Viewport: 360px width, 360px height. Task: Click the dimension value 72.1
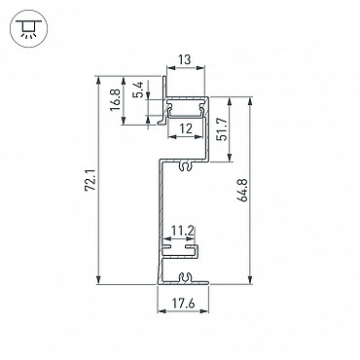click(91, 180)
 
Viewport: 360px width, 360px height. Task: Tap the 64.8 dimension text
click(244, 190)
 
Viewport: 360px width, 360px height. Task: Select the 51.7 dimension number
click(222, 128)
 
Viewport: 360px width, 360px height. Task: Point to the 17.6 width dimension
click(183, 304)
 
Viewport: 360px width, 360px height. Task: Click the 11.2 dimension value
click(183, 232)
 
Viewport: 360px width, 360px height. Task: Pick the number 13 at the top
click(185, 60)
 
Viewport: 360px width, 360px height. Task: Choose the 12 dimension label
click(186, 128)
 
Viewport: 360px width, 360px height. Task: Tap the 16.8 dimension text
click(115, 100)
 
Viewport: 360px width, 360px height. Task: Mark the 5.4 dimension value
click(138, 90)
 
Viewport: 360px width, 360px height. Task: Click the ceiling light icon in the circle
click(29, 28)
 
